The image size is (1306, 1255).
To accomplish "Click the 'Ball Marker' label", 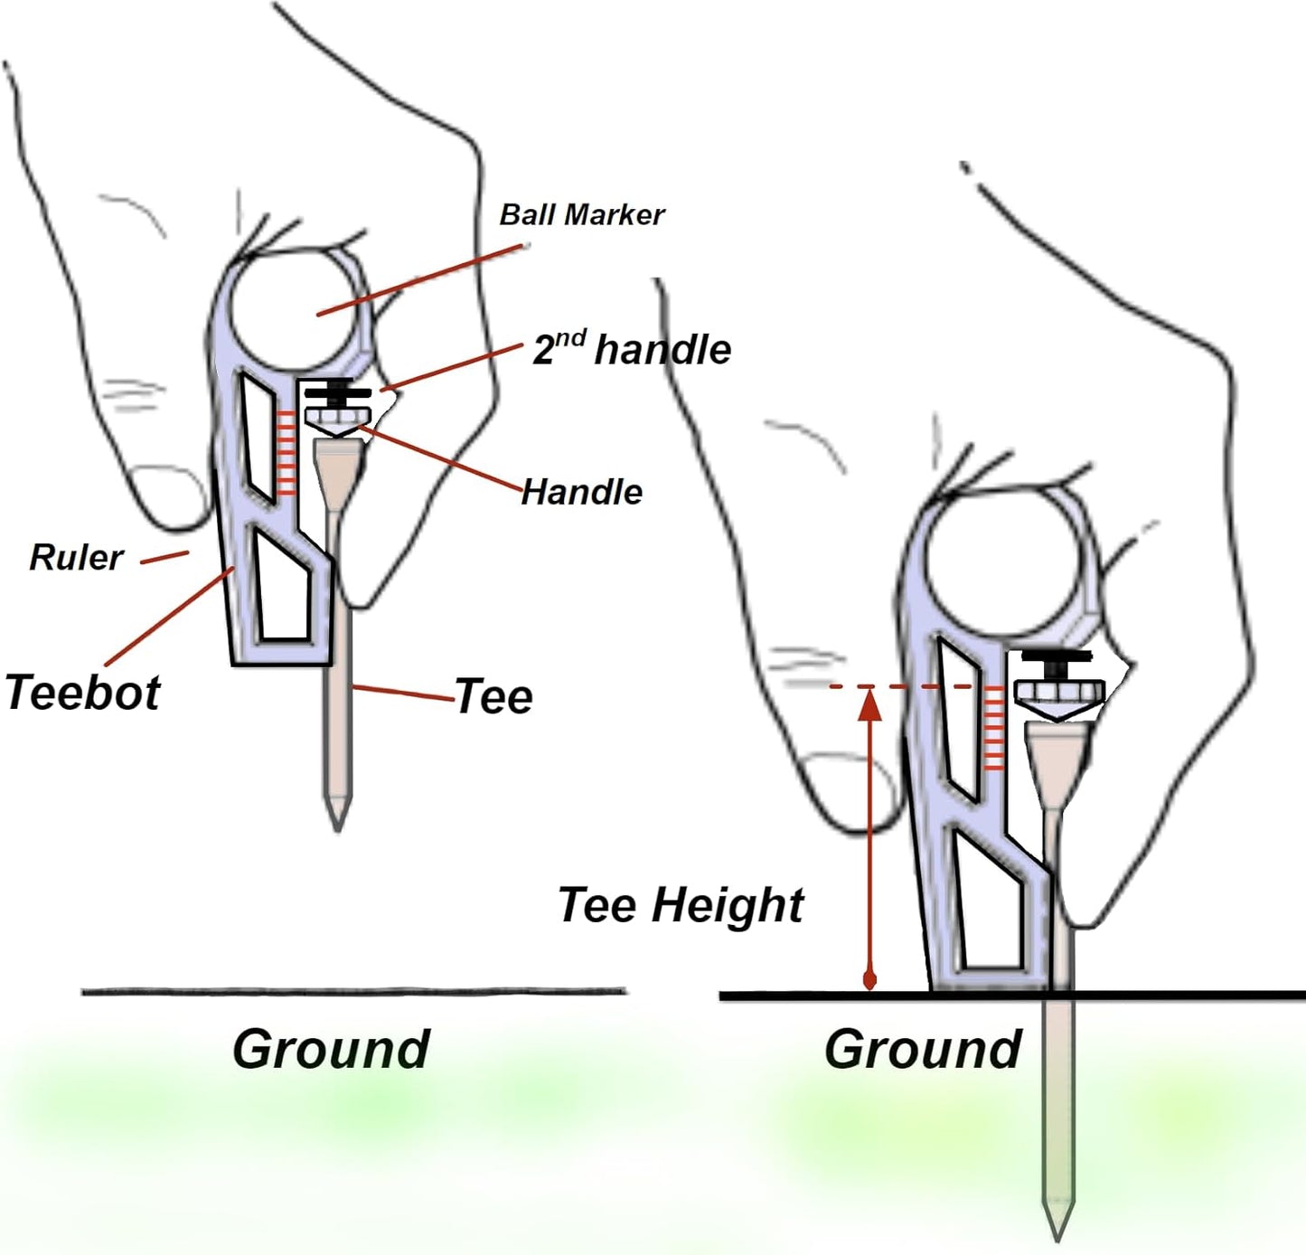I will [x=581, y=215].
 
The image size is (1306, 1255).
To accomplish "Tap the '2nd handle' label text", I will [x=632, y=349].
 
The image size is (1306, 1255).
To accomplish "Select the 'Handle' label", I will [x=581, y=492].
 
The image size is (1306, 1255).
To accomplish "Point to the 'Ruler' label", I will [x=76, y=557].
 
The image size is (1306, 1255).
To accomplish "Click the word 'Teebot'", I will [x=82, y=693].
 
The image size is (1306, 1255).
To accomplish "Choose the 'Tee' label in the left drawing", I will [x=493, y=696].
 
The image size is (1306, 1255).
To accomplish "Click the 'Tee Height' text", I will [x=681, y=904].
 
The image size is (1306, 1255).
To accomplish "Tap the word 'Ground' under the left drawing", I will [x=331, y=1049].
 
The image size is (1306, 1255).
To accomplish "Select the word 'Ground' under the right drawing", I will [x=923, y=1049].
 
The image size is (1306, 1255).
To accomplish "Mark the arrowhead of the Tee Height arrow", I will [x=869, y=704].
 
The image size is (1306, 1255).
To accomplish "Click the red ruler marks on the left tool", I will [x=287, y=453].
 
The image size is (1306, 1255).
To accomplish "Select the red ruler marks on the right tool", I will [x=993, y=729].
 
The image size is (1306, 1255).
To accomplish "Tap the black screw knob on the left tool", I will [x=337, y=392].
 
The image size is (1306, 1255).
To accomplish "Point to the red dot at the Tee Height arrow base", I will [x=869, y=980].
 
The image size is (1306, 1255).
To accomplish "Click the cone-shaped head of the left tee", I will [x=337, y=466].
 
